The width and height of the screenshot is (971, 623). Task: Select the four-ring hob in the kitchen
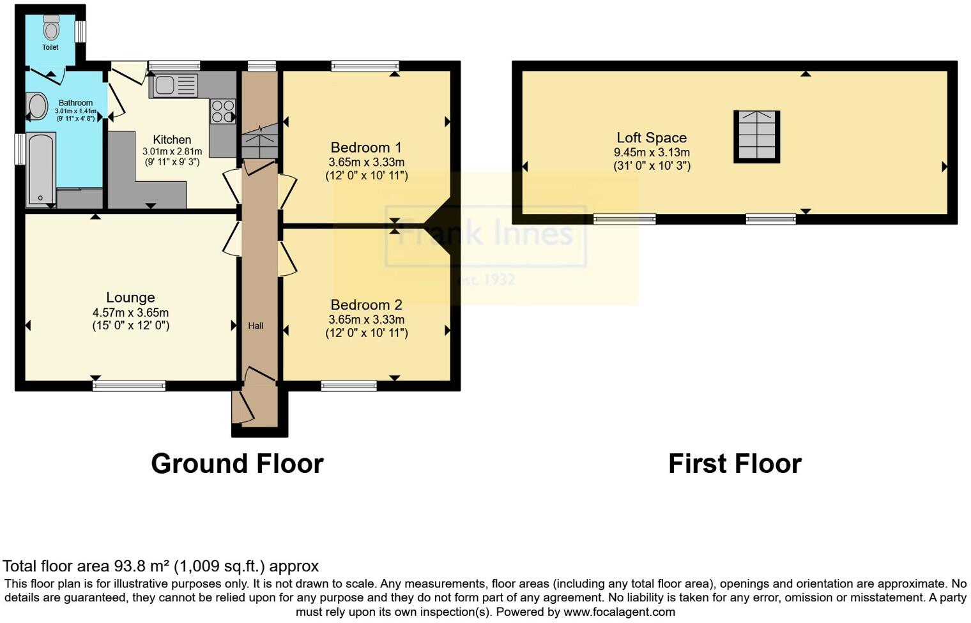223,111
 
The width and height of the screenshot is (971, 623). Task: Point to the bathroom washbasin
37,107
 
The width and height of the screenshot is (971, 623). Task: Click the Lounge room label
130,297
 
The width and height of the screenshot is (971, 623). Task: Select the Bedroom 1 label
366,147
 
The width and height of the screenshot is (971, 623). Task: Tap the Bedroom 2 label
366,305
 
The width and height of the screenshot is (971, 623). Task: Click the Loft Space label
651,138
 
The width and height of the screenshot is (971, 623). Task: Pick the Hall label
256,326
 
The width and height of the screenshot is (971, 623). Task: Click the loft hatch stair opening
756,136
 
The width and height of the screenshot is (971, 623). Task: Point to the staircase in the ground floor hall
260,142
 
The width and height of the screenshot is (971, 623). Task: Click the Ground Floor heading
237,464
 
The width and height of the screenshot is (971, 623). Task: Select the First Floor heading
735,464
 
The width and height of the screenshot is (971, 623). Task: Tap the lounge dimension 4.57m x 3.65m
130,313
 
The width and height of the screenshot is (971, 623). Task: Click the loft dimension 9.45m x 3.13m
651,153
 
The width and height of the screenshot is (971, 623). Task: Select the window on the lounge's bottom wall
129,386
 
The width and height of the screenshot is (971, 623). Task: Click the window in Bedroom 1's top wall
365,66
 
